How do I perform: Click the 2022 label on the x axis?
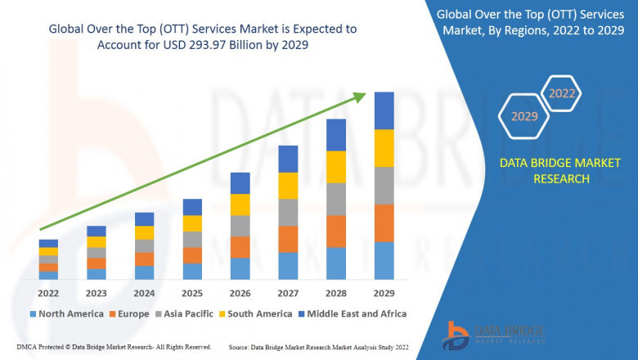click(48, 293)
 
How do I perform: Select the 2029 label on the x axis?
click(384, 293)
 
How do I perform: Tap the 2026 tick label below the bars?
click(240, 293)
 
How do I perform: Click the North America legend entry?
click(66, 313)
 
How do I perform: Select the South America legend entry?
click(258, 313)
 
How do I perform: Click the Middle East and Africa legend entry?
click(355, 313)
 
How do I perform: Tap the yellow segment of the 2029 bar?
click(384, 148)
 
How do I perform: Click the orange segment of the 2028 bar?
click(336, 232)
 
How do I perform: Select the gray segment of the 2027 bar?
click(288, 213)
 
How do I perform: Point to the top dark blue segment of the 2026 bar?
click(240, 183)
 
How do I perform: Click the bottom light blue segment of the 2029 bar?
click(384, 261)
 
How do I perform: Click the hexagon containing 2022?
click(562, 94)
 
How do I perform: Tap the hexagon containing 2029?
click(524, 117)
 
